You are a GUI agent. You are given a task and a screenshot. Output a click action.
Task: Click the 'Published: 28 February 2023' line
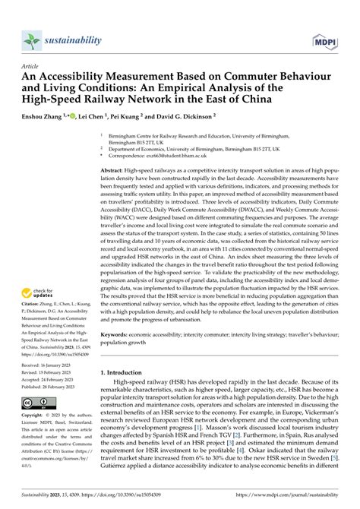point(54,428)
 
